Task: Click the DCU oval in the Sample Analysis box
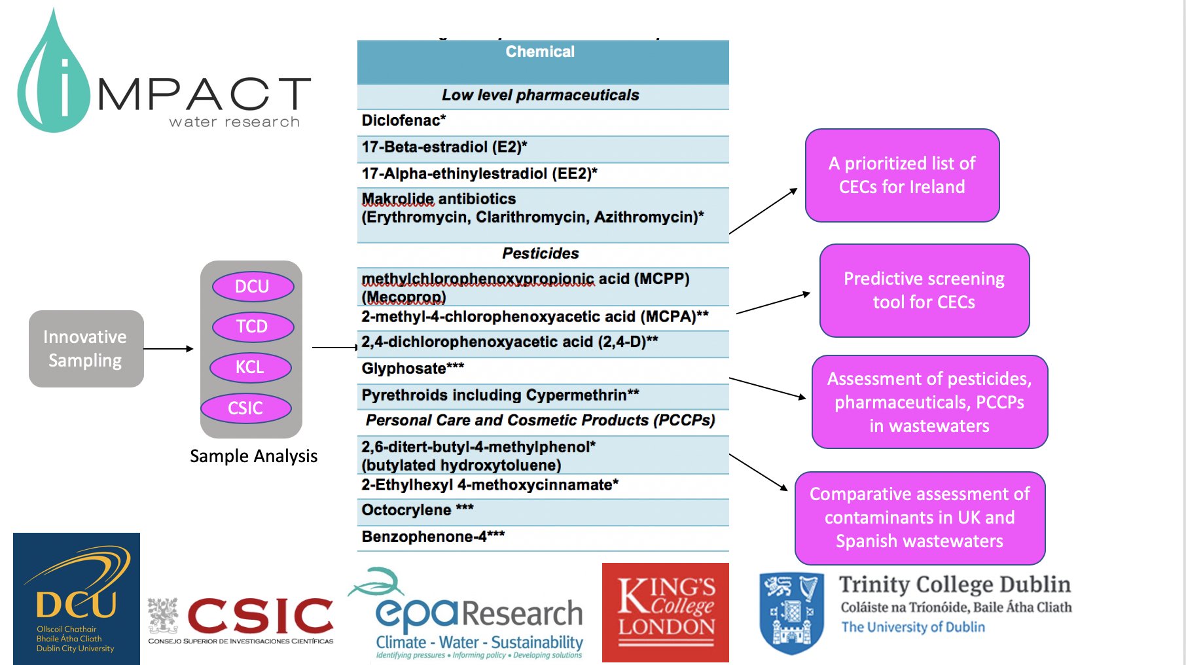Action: pyautogui.click(x=253, y=286)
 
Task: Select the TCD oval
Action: pyautogui.click(x=253, y=327)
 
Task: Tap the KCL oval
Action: pyautogui.click(x=251, y=367)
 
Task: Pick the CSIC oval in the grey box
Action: pyautogui.click(x=246, y=408)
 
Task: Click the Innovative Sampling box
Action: pyautogui.click(x=86, y=349)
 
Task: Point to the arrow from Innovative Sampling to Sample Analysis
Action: pyautogui.click(x=169, y=349)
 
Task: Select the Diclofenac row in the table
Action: pyautogui.click(x=543, y=121)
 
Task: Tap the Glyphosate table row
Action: pyautogui.click(x=543, y=369)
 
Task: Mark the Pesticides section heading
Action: pyautogui.click(x=541, y=254)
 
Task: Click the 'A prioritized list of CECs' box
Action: pyautogui.click(x=903, y=175)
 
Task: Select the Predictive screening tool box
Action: pyautogui.click(x=924, y=291)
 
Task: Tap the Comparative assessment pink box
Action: pyautogui.click(x=920, y=518)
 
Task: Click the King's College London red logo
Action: pyautogui.click(x=666, y=613)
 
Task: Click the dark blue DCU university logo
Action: pyautogui.click(x=77, y=599)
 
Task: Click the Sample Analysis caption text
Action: pyautogui.click(x=254, y=456)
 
